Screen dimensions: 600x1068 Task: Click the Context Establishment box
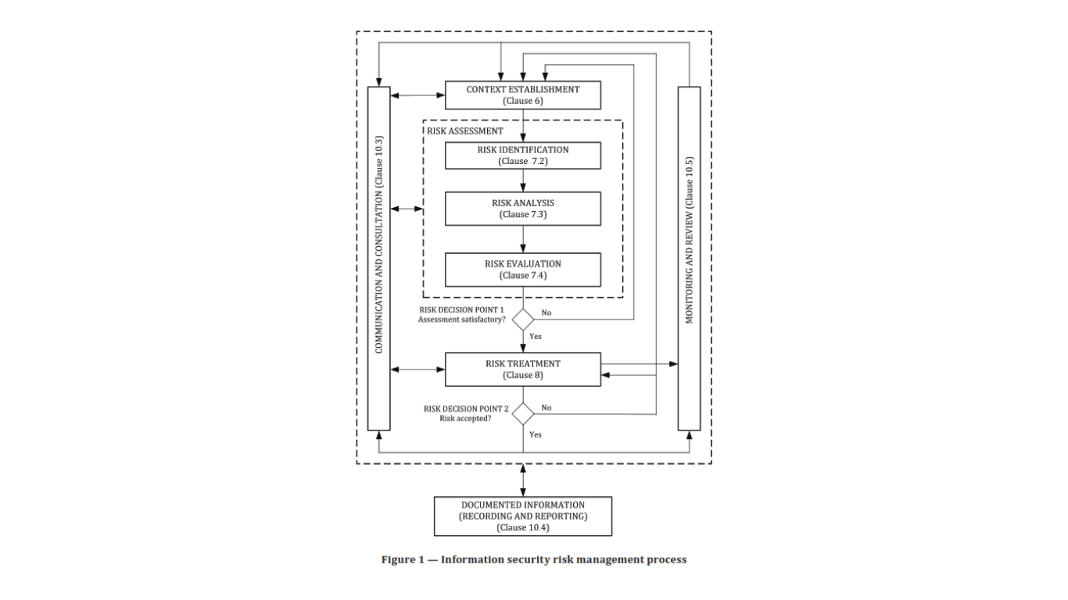click(x=522, y=95)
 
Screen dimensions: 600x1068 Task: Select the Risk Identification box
click(x=522, y=155)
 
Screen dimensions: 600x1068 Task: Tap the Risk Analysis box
click(x=522, y=209)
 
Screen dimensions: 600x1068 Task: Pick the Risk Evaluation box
click(x=522, y=270)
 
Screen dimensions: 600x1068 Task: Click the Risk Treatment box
click(x=522, y=369)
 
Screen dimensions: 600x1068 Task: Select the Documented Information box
click(x=522, y=516)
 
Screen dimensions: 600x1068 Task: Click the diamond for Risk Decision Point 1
click(x=523, y=319)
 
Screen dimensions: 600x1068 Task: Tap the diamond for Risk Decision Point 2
click(x=523, y=413)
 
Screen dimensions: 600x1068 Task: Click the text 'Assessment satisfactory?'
click(x=462, y=320)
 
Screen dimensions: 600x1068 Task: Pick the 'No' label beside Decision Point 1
click(x=547, y=312)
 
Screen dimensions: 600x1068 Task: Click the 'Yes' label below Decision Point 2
click(x=536, y=434)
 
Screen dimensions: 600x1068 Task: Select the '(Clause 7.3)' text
click(x=522, y=214)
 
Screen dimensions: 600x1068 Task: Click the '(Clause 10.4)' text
click(x=522, y=527)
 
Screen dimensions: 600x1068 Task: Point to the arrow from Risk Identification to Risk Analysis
click(x=523, y=180)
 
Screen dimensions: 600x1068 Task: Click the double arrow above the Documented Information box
click(x=523, y=480)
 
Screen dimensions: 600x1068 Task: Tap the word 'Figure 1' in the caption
click(x=403, y=559)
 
